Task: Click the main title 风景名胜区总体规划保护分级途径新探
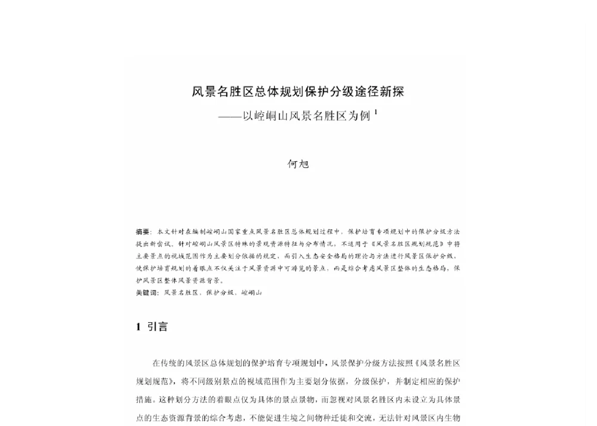click(298, 92)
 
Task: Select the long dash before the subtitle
click(230, 116)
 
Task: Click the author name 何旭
click(298, 163)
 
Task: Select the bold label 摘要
click(143, 231)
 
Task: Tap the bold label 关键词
click(147, 293)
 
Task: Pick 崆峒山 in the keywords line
click(251, 293)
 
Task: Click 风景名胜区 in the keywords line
click(180, 293)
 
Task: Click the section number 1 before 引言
click(138, 327)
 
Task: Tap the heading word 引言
click(158, 327)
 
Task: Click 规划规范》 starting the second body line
click(155, 381)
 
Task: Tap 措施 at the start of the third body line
click(144, 399)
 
